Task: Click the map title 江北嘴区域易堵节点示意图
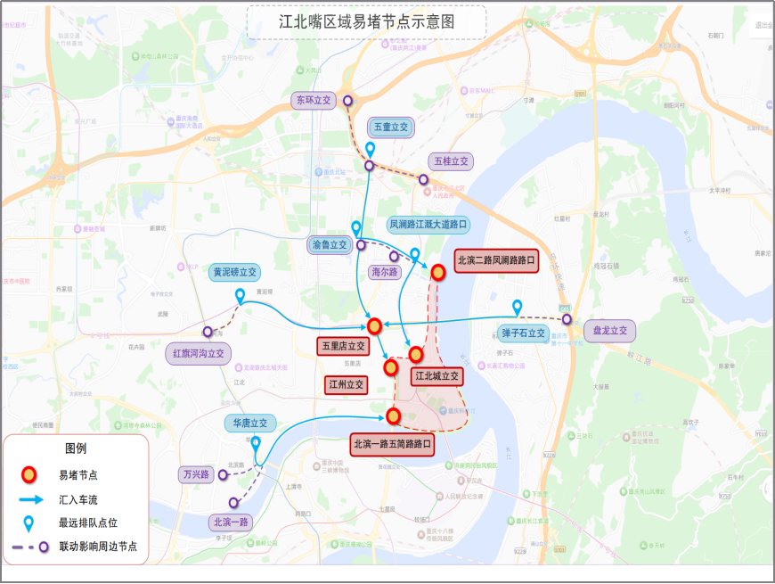[366, 22]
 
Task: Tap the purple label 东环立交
[313, 101]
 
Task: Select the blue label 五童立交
[390, 127]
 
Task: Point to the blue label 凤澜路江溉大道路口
[428, 225]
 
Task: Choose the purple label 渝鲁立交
[329, 244]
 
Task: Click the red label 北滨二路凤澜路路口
[496, 261]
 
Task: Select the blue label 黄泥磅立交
[234, 272]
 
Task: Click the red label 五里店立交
[343, 346]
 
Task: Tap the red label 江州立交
[346, 384]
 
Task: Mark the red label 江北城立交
[436, 376]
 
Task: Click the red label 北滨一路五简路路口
[392, 443]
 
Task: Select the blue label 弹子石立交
[523, 333]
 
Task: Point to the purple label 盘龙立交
[610, 331]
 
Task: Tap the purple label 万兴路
[194, 474]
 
